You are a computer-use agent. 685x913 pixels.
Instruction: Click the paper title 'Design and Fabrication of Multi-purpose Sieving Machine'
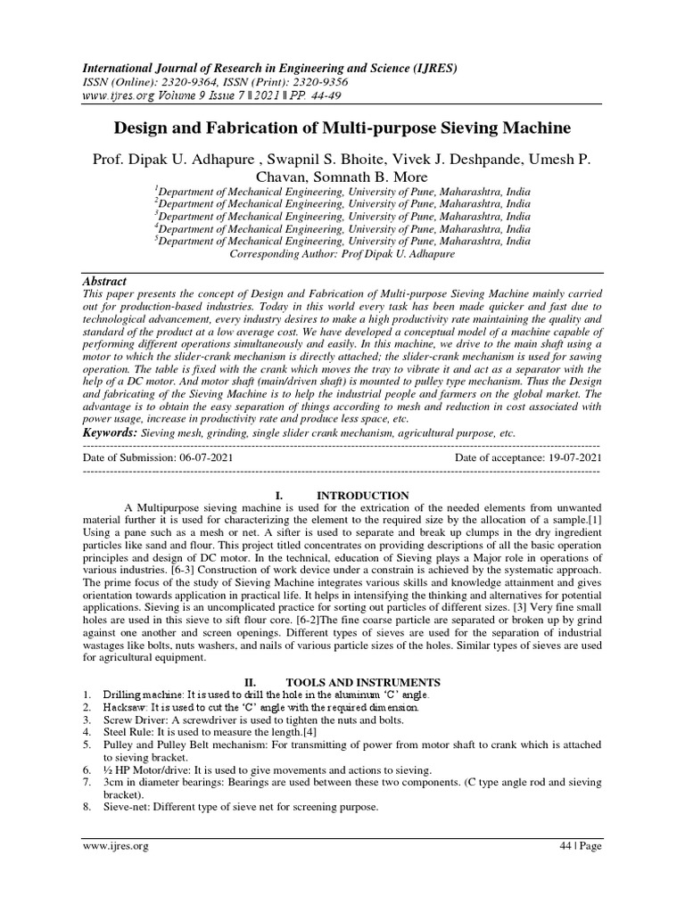pyautogui.click(x=342, y=128)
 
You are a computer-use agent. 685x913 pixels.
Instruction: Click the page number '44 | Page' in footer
pyautogui.click(x=578, y=845)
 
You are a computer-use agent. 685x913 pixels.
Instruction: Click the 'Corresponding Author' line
pyautogui.click(x=342, y=253)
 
